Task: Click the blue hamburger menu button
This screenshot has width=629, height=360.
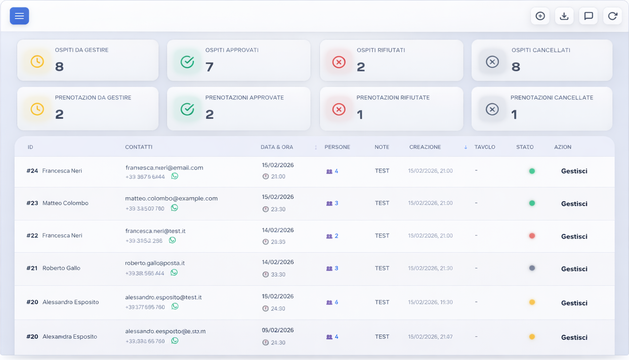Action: coord(19,16)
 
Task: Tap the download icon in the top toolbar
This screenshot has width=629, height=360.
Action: coord(564,16)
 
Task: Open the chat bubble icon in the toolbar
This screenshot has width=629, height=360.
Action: coord(588,16)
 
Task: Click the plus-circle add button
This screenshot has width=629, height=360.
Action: coord(540,16)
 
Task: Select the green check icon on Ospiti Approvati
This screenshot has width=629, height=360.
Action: coord(187,62)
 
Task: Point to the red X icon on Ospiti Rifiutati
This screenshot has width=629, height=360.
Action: coord(339,62)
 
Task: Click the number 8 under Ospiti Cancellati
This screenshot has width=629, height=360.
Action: coord(516,67)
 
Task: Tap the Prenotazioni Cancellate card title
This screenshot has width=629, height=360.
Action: coord(552,98)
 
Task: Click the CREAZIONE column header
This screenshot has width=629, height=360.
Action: coord(425,147)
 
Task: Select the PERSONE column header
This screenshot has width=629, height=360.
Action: coord(337,147)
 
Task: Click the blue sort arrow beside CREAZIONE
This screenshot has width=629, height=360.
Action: coord(466,147)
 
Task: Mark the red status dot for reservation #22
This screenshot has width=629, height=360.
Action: coord(532,236)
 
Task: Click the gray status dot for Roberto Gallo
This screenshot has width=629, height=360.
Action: coord(532,268)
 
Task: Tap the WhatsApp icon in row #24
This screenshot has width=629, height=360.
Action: coord(175,176)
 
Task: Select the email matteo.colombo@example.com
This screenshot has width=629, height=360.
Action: coord(171,198)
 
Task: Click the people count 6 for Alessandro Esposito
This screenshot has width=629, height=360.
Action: coord(336,302)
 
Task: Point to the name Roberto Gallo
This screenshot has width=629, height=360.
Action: coord(61,268)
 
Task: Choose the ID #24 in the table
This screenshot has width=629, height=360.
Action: coord(32,171)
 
